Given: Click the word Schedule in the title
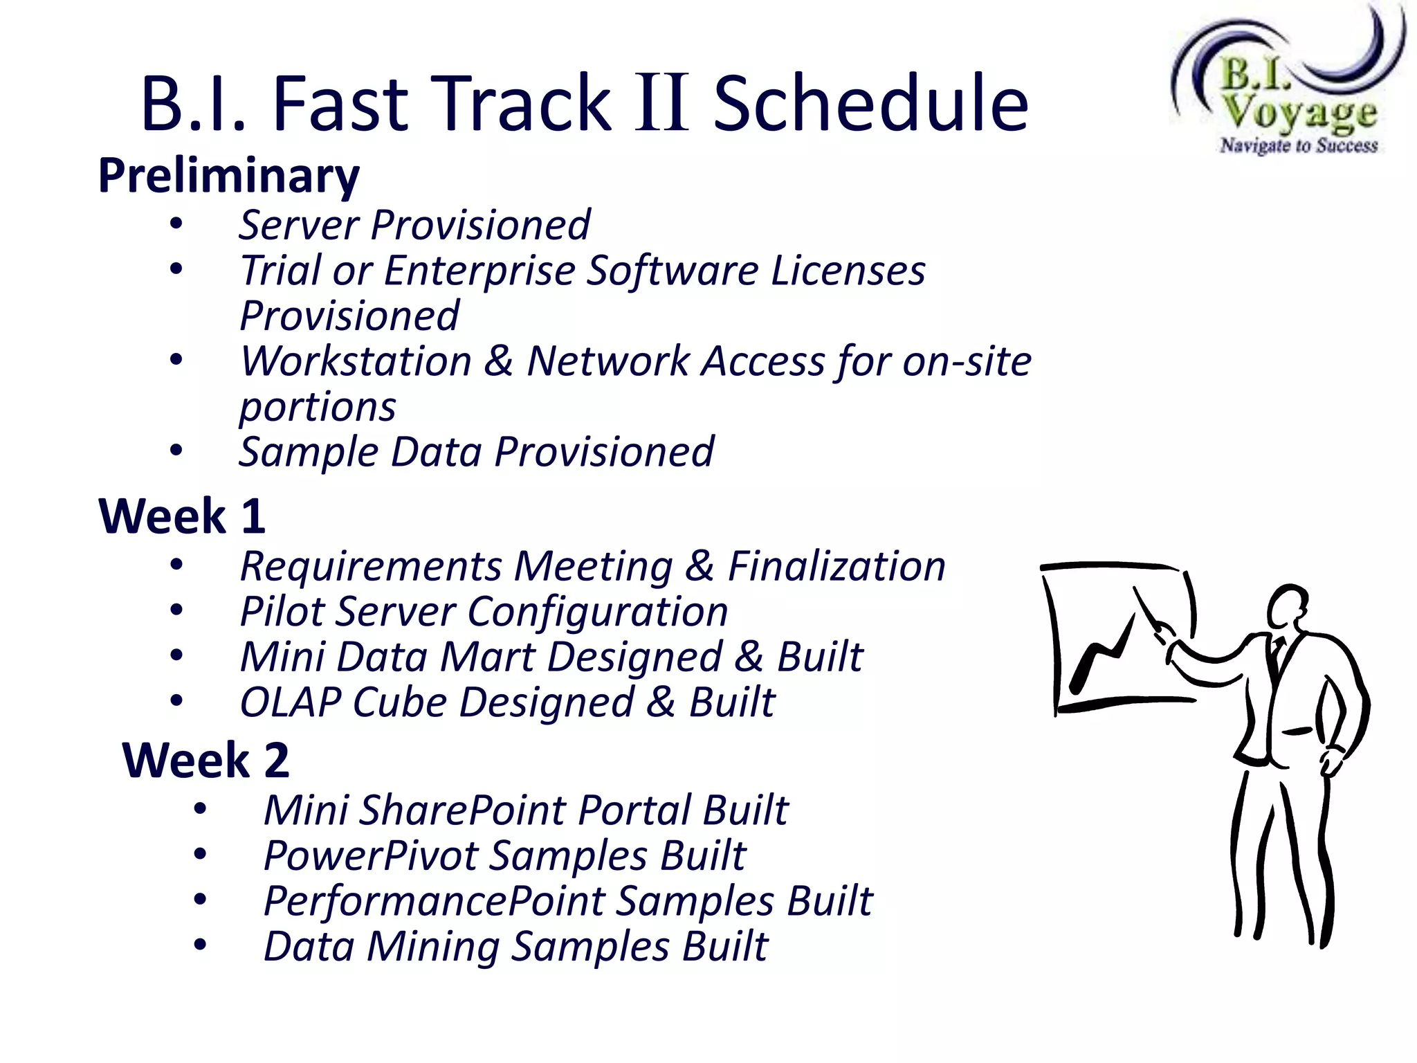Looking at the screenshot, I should tap(870, 104).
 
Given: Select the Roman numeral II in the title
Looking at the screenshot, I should tap(662, 104).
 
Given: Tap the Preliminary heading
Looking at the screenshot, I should tap(228, 176).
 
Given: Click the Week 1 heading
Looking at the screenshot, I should tap(182, 516).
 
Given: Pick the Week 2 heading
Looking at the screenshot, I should tap(205, 761).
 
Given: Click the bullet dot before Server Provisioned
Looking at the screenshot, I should tap(176, 224).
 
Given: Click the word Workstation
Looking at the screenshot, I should tap(356, 361).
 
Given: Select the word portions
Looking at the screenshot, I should tap(317, 407).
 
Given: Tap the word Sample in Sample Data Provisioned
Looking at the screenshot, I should tap(308, 453).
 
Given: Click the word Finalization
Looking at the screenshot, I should tap(837, 566).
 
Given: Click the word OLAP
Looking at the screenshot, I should tap(290, 702).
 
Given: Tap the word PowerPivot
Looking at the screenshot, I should tap(371, 855).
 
